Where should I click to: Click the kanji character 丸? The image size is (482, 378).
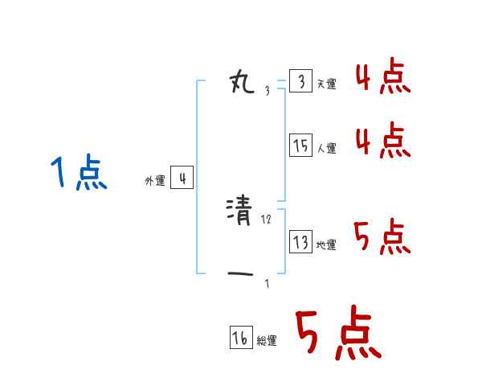pyautogui.click(x=242, y=81)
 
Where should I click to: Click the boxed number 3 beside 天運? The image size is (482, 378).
pyautogui.click(x=300, y=82)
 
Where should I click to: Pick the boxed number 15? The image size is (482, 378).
pyautogui.click(x=300, y=146)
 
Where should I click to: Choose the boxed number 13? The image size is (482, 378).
pyautogui.click(x=300, y=242)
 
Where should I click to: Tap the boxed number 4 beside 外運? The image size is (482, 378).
pyautogui.click(x=182, y=179)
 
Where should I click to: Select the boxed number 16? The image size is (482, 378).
pyautogui.click(x=240, y=339)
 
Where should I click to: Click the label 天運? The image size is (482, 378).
pyautogui.click(x=326, y=84)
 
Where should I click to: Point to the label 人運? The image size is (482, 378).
pyautogui.click(x=326, y=148)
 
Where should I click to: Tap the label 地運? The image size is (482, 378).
pyautogui.click(x=326, y=244)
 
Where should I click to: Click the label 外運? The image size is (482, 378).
pyautogui.click(x=154, y=181)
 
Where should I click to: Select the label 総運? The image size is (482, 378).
pyautogui.click(x=267, y=341)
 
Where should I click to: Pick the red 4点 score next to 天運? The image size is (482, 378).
pyautogui.click(x=382, y=78)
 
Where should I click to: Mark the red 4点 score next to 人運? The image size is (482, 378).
pyautogui.click(x=382, y=141)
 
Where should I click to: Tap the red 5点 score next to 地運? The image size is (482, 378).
pyautogui.click(x=382, y=237)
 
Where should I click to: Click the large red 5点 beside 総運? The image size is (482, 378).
pyautogui.click(x=337, y=335)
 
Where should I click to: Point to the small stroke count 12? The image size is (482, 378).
pyautogui.click(x=267, y=220)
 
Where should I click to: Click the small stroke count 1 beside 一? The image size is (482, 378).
pyautogui.click(x=267, y=283)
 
